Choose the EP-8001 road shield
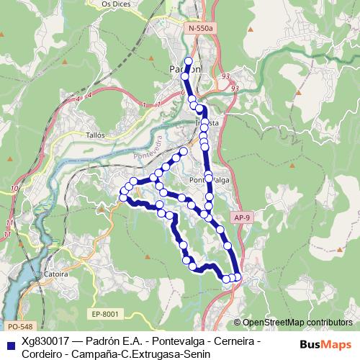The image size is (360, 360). click(104, 313)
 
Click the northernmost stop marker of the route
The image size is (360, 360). click(189, 61)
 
